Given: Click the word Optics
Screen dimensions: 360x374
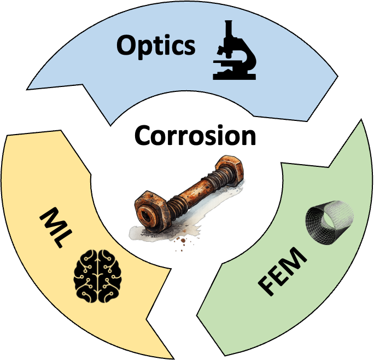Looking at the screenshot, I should [155, 46].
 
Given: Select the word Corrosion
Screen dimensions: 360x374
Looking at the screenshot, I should [195, 135].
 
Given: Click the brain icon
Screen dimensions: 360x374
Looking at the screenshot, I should [97, 273].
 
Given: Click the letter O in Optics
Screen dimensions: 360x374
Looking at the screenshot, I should [127, 45].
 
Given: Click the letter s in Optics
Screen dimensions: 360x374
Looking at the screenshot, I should [188, 47].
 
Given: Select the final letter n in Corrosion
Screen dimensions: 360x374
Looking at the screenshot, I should [247, 137].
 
